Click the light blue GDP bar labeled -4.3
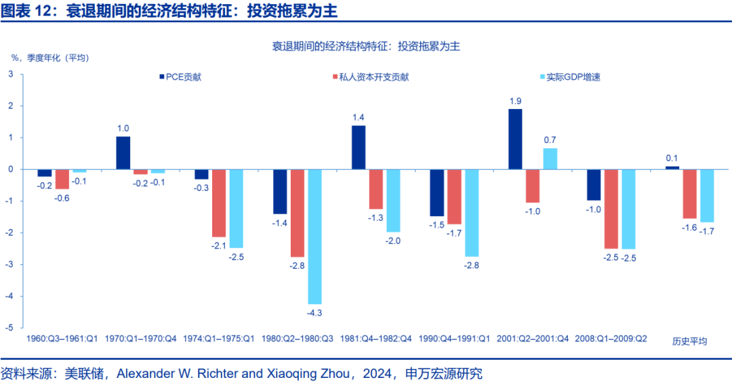point(314,236)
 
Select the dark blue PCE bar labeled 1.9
point(515,139)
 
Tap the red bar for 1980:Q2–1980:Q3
point(297,213)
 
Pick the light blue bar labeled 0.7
point(550,158)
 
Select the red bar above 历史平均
point(689,194)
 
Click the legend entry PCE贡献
point(180,77)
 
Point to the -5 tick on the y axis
point(11,327)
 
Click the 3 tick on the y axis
point(11,74)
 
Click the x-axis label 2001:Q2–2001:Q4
point(533,339)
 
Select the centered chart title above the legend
point(366,46)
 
